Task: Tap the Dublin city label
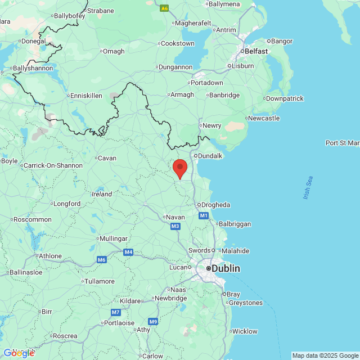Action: (226, 269)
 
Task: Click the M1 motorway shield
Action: (204, 215)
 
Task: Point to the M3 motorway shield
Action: (175, 226)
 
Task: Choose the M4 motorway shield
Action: (129, 252)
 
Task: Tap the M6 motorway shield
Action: (101, 259)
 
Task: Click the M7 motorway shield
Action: (116, 312)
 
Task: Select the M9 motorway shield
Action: (153, 321)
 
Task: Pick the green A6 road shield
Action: (164, 8)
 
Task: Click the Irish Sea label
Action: (308, 188)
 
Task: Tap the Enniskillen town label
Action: (86, 96)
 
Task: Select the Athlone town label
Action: (50, 256)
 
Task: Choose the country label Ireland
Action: (102, 194)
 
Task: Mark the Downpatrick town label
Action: (285, 98)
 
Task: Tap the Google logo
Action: (19, 353)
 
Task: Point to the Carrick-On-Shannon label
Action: (53, 165)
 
